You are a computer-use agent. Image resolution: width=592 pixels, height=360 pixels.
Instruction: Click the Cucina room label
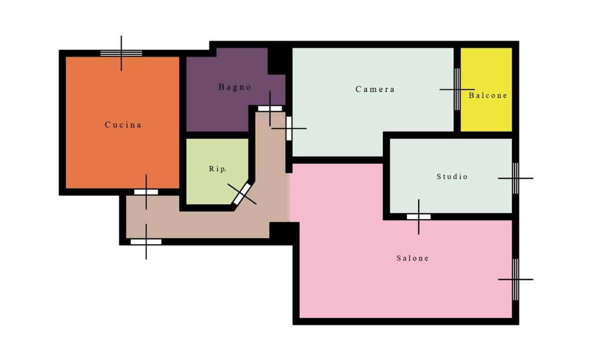click(x=123, y=124)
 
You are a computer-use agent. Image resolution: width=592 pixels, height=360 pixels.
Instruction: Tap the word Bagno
click(x=235, y=87)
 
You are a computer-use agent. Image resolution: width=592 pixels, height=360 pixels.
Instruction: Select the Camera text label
click(x=375, y=89)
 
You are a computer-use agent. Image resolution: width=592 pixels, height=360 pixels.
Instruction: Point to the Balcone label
click(x=488, y=95)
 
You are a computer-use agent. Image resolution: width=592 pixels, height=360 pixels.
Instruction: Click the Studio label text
click(x=452, y=176)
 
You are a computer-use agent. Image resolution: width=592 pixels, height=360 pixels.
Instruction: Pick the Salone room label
click(x=413, y=258)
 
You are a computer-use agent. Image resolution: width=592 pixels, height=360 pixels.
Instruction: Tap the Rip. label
click(x=218, y=169)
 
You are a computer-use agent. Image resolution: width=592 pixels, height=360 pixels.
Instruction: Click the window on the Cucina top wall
click(x=121, y=53)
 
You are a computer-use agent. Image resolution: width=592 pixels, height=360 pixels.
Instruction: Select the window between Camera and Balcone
click(x=457, y=89)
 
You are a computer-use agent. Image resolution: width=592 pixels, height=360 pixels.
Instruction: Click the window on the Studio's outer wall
click(x=516, y=178)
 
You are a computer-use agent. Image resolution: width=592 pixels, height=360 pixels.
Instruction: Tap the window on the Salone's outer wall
click(x=516, y=279)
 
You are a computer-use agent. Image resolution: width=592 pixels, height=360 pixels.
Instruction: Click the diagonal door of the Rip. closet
click(x=242, y=194)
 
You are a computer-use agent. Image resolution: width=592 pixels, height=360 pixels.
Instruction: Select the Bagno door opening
click(x=270, y=108)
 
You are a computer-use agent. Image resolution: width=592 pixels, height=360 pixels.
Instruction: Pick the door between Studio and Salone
click(x=418, y=217)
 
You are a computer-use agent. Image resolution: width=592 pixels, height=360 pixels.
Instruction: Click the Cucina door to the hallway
click(x=146, y=192)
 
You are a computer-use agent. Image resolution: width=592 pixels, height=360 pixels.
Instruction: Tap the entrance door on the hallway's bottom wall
click(x=146, y=242)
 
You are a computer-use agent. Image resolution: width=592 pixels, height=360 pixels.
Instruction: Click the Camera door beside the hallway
click(x=289, y=128)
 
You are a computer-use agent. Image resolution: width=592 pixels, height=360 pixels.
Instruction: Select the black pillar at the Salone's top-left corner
click(x=284, y=230)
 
